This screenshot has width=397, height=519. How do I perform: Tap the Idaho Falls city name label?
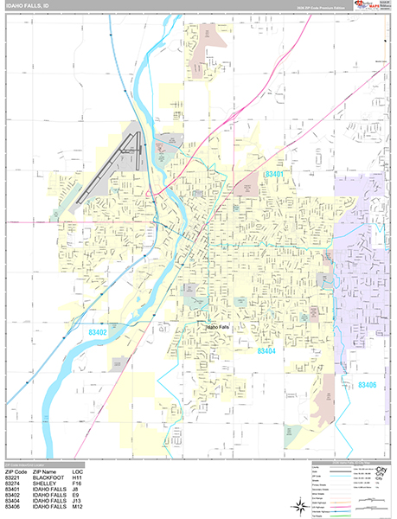(x=218, y=327)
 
